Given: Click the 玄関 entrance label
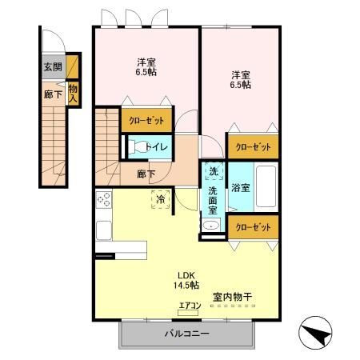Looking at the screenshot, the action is point(53,66).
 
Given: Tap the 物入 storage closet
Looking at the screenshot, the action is point(73,93).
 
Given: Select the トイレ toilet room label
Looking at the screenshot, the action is point(157,147).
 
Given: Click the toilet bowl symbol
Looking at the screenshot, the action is point(138,147).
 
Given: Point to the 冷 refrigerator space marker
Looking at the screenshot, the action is point(161,199).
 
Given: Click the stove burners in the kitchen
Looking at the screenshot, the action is point(104,199).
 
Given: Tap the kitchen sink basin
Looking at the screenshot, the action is point(104,230).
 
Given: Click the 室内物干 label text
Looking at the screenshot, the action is point(233,297).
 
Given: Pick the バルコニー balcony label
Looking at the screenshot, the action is point(186,334).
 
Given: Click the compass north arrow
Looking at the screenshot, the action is point(315,333).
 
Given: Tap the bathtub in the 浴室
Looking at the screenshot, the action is point(266,186).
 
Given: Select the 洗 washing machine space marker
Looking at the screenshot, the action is point(214,171).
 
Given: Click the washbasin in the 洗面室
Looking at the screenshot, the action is point(210,226).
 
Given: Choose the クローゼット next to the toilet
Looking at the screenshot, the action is point(146,121).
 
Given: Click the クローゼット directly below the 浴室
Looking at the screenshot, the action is point(253,227).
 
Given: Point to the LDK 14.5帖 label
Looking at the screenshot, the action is point(186,280).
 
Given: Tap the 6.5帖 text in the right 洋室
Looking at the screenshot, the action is point(241,85).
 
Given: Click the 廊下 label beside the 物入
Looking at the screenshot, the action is point(53,94).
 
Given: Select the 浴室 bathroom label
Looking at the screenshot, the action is point(241,187).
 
